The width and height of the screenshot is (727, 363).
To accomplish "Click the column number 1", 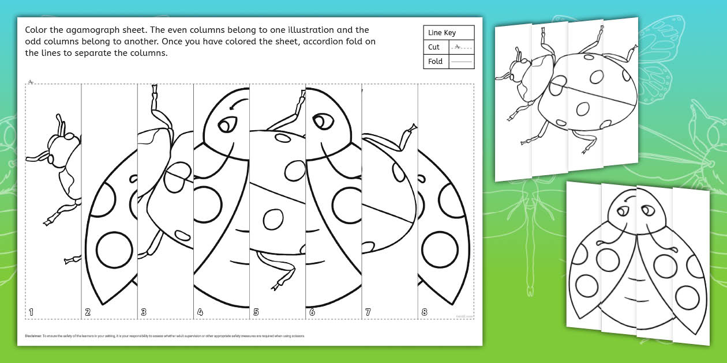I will [x=31, y=312].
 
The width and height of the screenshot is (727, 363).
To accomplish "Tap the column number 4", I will [x=200, y=312].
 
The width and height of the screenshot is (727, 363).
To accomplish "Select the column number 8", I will [x=425, y=312].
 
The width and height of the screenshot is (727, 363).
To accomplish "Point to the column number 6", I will [x=312, y=312].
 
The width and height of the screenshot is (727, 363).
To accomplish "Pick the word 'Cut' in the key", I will [x=434, y=47].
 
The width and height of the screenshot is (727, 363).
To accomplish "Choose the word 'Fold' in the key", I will [x=436, y=61].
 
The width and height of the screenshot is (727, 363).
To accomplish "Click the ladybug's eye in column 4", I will [x=228, y=123].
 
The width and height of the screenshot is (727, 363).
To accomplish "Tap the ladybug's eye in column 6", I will [x=321, y=122].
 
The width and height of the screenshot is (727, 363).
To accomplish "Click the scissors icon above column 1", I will [x=31, y=81].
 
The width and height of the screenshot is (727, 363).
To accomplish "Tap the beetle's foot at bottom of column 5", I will [x=282, y=283].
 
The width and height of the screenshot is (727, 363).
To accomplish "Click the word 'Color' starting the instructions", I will [x=36, y=30].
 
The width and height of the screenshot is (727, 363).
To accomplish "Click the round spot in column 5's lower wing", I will [x=272, y=219].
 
